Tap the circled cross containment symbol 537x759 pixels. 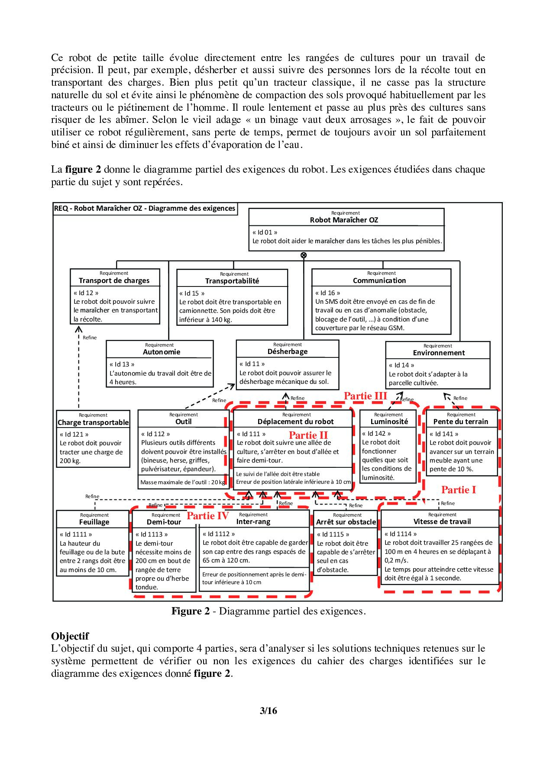304,255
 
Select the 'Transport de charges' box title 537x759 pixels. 114,280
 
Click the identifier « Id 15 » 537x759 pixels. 189,293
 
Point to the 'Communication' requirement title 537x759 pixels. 379,280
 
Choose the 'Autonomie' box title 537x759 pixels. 162,352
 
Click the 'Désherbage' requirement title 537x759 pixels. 288,351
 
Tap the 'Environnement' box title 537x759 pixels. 439,353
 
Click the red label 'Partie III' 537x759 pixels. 365,396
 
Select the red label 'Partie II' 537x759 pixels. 308,435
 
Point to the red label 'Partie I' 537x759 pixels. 459,490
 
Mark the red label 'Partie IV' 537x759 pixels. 208,516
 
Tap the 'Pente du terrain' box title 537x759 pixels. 461,421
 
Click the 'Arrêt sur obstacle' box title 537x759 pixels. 346,522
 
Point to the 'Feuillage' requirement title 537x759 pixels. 94,522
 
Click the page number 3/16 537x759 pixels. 268,711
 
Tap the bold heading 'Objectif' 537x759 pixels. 70,636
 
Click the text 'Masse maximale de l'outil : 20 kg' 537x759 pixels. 183,482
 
